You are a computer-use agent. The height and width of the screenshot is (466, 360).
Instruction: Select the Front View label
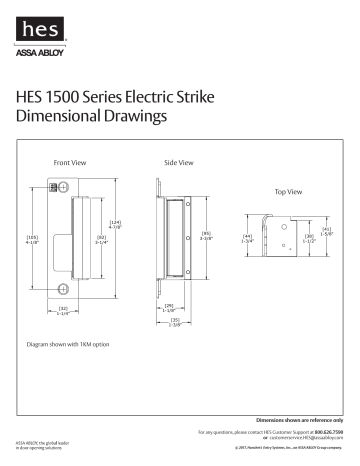(x=67, y=161)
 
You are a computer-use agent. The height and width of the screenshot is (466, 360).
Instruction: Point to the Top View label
(x=287, y=190)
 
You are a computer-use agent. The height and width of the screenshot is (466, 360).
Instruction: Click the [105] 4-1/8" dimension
(x=32, y=238)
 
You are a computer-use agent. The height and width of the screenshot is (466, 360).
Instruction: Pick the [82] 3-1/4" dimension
(x=101, y=239)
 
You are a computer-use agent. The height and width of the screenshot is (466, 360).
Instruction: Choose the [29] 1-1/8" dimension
(x=168, y=308)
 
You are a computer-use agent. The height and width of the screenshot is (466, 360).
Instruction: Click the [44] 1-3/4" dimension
(x=246, y=239)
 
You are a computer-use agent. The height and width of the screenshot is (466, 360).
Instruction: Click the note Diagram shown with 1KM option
(x=68, y=344)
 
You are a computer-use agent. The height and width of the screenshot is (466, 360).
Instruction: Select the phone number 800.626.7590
(x=327, y=431)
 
